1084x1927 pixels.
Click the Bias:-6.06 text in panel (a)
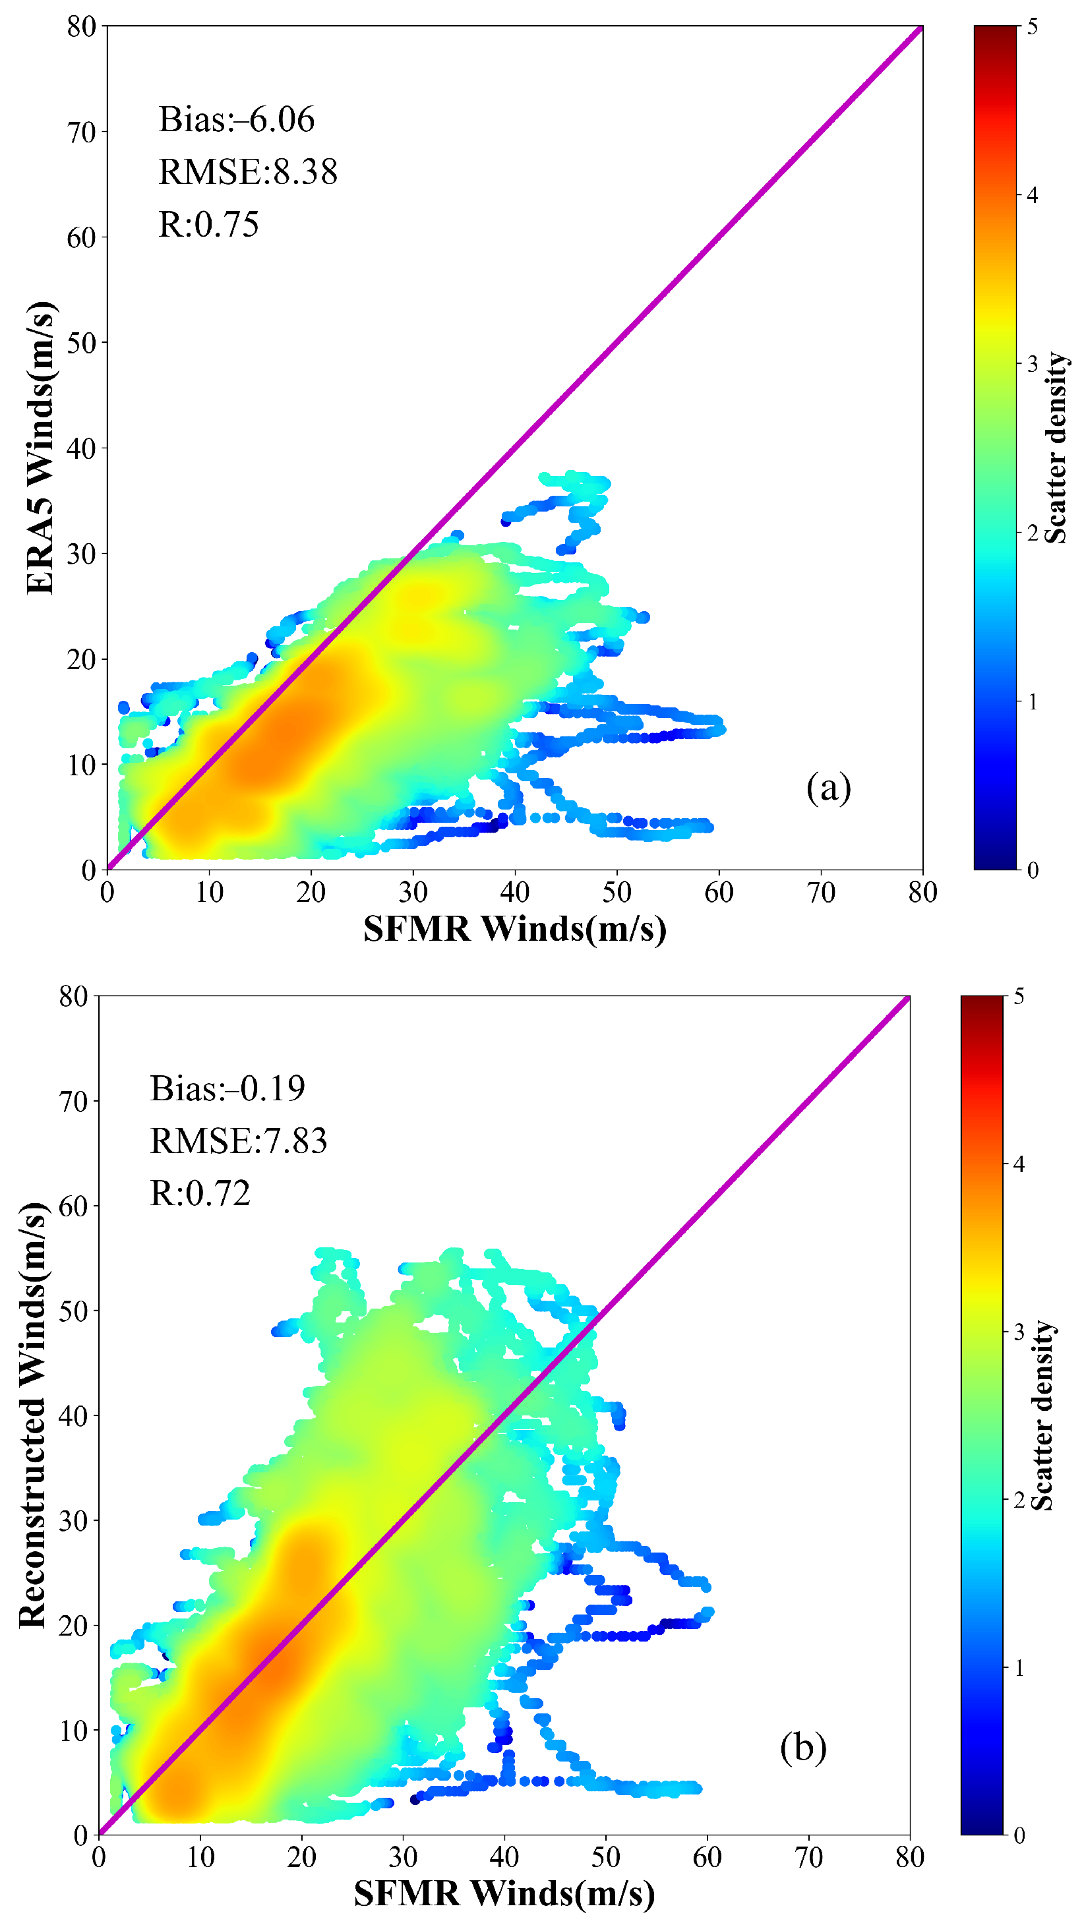click(x=237, y=120)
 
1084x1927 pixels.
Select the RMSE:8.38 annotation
click(x=248, y=172)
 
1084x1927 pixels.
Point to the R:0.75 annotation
click(x=209, y=224)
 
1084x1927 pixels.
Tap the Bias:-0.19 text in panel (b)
click(x=227, y=1088)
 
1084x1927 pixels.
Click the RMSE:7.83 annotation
click(x=239, y=1141)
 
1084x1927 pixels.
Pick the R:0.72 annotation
click(x=200, y=1193)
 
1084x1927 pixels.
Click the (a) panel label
click(x=828, y=788)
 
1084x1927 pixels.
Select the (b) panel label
click(x=802, y=1748)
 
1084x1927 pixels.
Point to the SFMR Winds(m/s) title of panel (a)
click(x=515, y=929)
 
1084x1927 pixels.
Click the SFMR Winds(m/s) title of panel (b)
click(x=504, y=1893)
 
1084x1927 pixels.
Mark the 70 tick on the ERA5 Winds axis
click(x=82, y=133)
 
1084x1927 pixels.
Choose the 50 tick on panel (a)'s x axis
click(x=617, y=893)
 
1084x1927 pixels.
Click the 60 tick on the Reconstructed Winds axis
click(x=73, y=1206)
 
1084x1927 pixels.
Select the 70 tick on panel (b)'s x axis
click(x=808, y=1856)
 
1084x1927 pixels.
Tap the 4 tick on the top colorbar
click(x=1033, y=195)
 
